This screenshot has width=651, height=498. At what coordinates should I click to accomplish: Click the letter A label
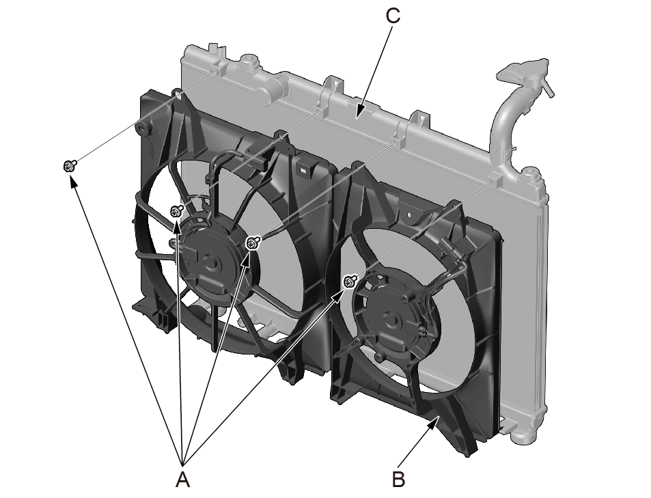tap(182, 480)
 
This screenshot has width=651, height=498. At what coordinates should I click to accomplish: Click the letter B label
tap(398, 480)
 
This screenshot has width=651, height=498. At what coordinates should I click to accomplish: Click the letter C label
tap(392, 16)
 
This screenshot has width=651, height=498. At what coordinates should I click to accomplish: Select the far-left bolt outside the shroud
tap(70, 166)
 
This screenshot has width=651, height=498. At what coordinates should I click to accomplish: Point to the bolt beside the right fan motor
tap(350, 281)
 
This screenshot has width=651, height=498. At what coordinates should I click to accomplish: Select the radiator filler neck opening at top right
tap(522, 72)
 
